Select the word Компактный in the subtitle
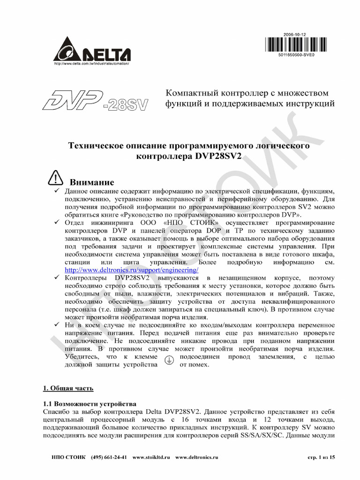point(190,93)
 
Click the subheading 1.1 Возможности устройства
point(89,403)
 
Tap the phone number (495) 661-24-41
point(109,457)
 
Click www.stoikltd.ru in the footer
point(151,457)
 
